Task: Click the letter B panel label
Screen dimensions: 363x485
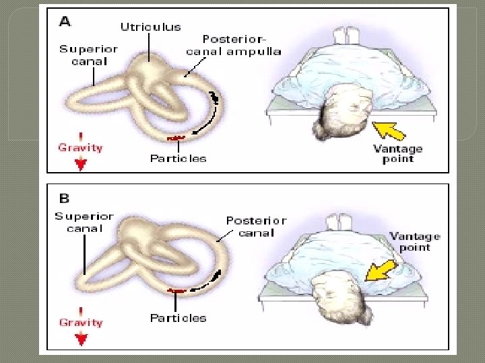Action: pos(65,199)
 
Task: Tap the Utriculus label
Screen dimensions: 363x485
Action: pos(151,27)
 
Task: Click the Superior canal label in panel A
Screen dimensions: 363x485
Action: pos(88,55)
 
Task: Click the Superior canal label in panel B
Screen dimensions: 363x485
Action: pos(84,223)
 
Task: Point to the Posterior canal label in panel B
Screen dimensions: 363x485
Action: pos(256,227)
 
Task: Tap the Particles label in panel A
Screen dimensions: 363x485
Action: pos(178,159)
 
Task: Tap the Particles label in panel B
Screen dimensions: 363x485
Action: pos(178,318)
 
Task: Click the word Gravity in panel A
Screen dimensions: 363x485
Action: pos(80,147)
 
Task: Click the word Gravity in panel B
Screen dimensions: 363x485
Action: pos(81,323)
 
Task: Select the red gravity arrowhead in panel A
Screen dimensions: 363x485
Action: pos(81,164)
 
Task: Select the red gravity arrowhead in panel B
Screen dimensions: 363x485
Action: pos(82,339)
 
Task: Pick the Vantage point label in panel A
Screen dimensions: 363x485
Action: pos(397,154)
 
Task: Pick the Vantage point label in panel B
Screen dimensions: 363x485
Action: pos(414,242)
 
